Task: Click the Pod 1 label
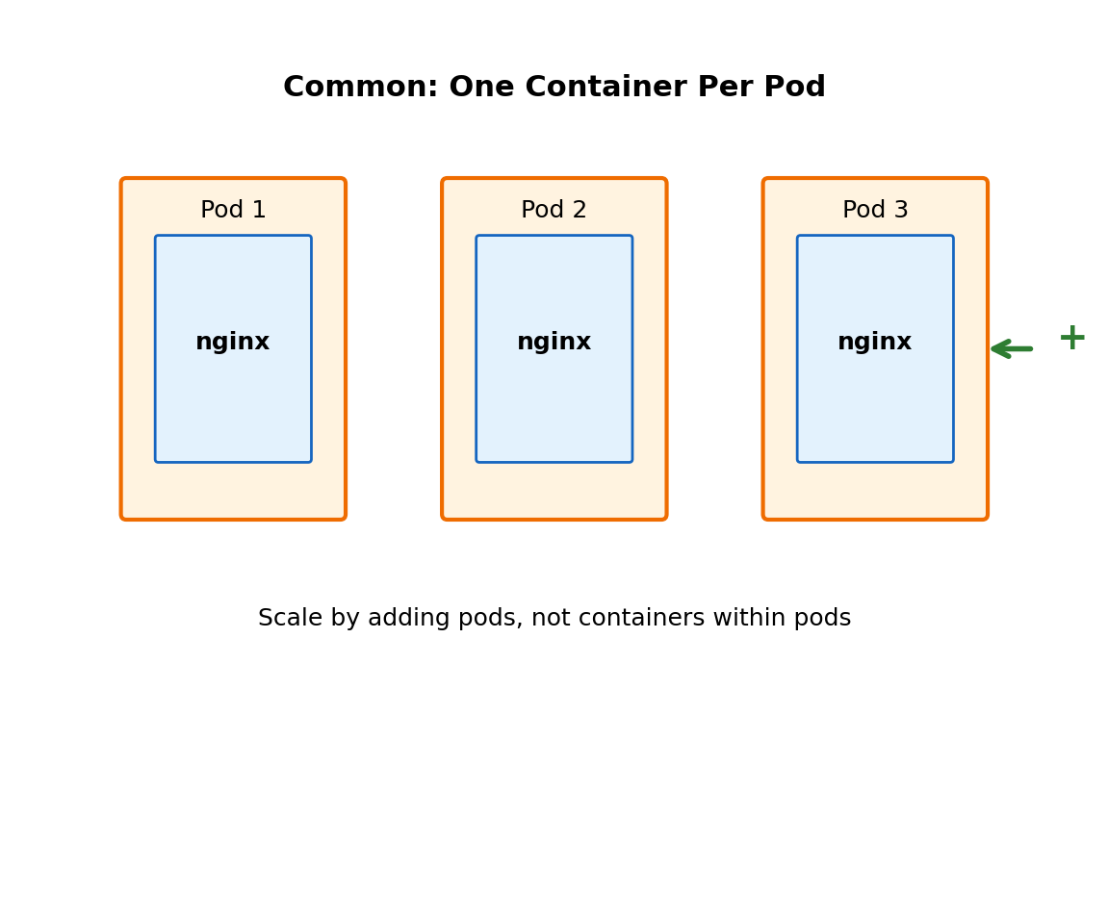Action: point(233,211)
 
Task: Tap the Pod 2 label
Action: point(554,211)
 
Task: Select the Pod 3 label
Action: point(875,211)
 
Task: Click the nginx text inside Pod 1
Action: point(233,343)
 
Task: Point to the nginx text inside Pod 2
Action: point(554,343)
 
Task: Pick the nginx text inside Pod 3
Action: point(875,343)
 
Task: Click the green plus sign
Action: point(1071,338)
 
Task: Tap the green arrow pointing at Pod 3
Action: point(1012,348)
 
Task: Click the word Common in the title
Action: point(360,88)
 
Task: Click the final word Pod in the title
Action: point(796,88)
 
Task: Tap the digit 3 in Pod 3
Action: point(901,211)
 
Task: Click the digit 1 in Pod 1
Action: point(259,211)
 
